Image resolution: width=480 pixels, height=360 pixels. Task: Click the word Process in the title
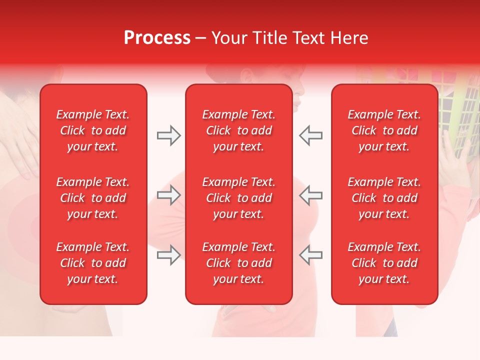pos(157,38)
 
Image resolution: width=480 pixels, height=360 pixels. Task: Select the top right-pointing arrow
pos(168,135)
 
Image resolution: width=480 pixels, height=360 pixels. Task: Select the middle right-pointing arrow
pos(168,195)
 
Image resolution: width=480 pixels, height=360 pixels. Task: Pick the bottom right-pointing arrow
pos(168,255)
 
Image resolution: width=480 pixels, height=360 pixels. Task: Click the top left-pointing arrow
pos(310,135)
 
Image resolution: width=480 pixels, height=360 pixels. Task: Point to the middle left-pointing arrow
pos(310,195)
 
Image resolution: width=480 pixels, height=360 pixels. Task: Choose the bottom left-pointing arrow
pos(310,255)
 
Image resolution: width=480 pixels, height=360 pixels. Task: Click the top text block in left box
pos(93,130)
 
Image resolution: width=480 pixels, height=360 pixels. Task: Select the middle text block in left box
pos(93,198)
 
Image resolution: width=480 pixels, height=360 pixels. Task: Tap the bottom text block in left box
pos(93,263)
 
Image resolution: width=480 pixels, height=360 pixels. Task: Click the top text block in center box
pos(238,130)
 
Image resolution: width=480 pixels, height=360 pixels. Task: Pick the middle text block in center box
pos(238,198)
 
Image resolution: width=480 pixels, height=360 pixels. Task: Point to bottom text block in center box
pos(238,263)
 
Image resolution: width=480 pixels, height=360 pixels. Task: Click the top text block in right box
pos(384,130)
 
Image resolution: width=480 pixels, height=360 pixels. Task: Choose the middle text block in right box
pos(384,198)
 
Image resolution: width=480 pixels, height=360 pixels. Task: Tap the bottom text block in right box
pos(384,263)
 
